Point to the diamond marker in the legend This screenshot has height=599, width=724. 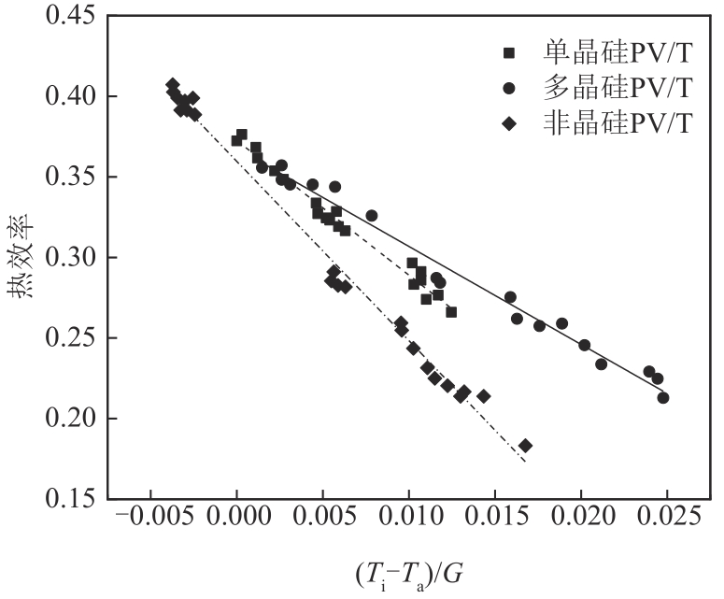click(509, 122)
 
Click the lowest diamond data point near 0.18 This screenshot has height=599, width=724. click(525, 446)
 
